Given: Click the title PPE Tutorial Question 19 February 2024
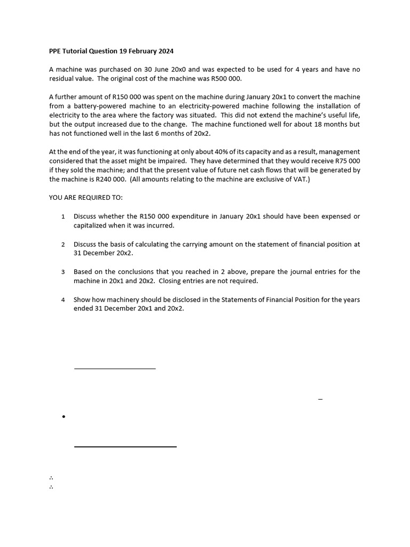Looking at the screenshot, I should (111, 51).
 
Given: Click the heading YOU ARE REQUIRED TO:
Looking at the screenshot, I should (85, 198).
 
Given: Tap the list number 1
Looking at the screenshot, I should (63, 216).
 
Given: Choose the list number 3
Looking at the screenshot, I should (63, 272).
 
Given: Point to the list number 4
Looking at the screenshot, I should (63, 300).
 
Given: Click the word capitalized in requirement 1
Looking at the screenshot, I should (92, 225).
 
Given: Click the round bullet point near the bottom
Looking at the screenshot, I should (64, 417).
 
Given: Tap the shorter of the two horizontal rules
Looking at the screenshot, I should (114, 369).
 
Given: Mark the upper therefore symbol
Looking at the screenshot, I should (51, 478).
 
